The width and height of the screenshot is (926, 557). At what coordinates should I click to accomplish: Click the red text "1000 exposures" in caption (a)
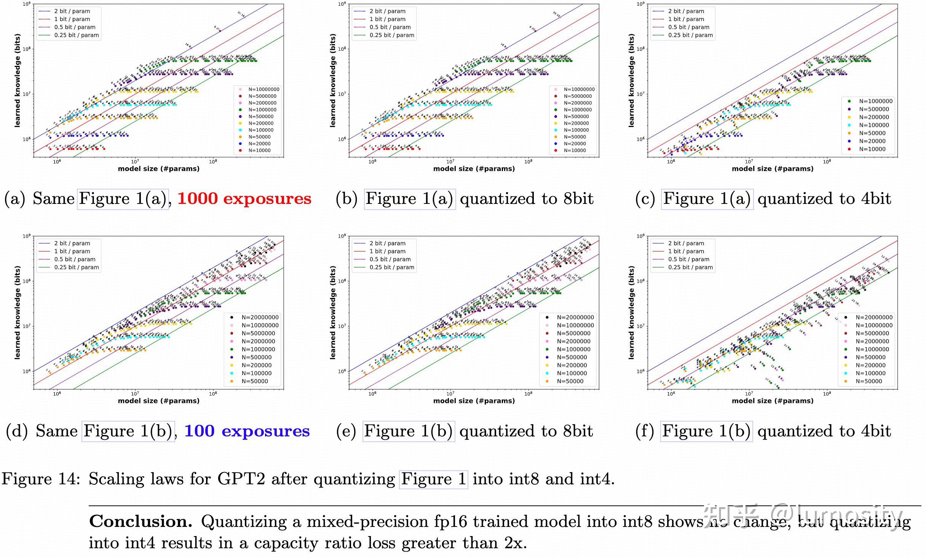point(244,199)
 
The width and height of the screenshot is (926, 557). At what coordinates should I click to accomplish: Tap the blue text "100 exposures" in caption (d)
point(247,431)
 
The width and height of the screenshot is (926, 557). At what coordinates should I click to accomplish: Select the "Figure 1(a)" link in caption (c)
point(707,199)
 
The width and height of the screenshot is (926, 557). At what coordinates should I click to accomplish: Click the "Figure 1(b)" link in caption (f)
point(706,431)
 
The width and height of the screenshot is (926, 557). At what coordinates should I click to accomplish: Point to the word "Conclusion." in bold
point(141,522)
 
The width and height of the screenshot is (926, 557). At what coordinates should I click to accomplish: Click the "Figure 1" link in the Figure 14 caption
point(433,479)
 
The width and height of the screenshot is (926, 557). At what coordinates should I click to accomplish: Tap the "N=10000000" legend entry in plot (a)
point(263,89)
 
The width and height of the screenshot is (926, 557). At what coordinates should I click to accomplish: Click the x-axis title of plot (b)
point(474,169)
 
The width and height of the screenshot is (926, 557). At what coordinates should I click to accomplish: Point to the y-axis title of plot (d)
point(17,312)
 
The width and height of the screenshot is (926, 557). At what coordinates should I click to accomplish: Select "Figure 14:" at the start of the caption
point(41,479)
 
